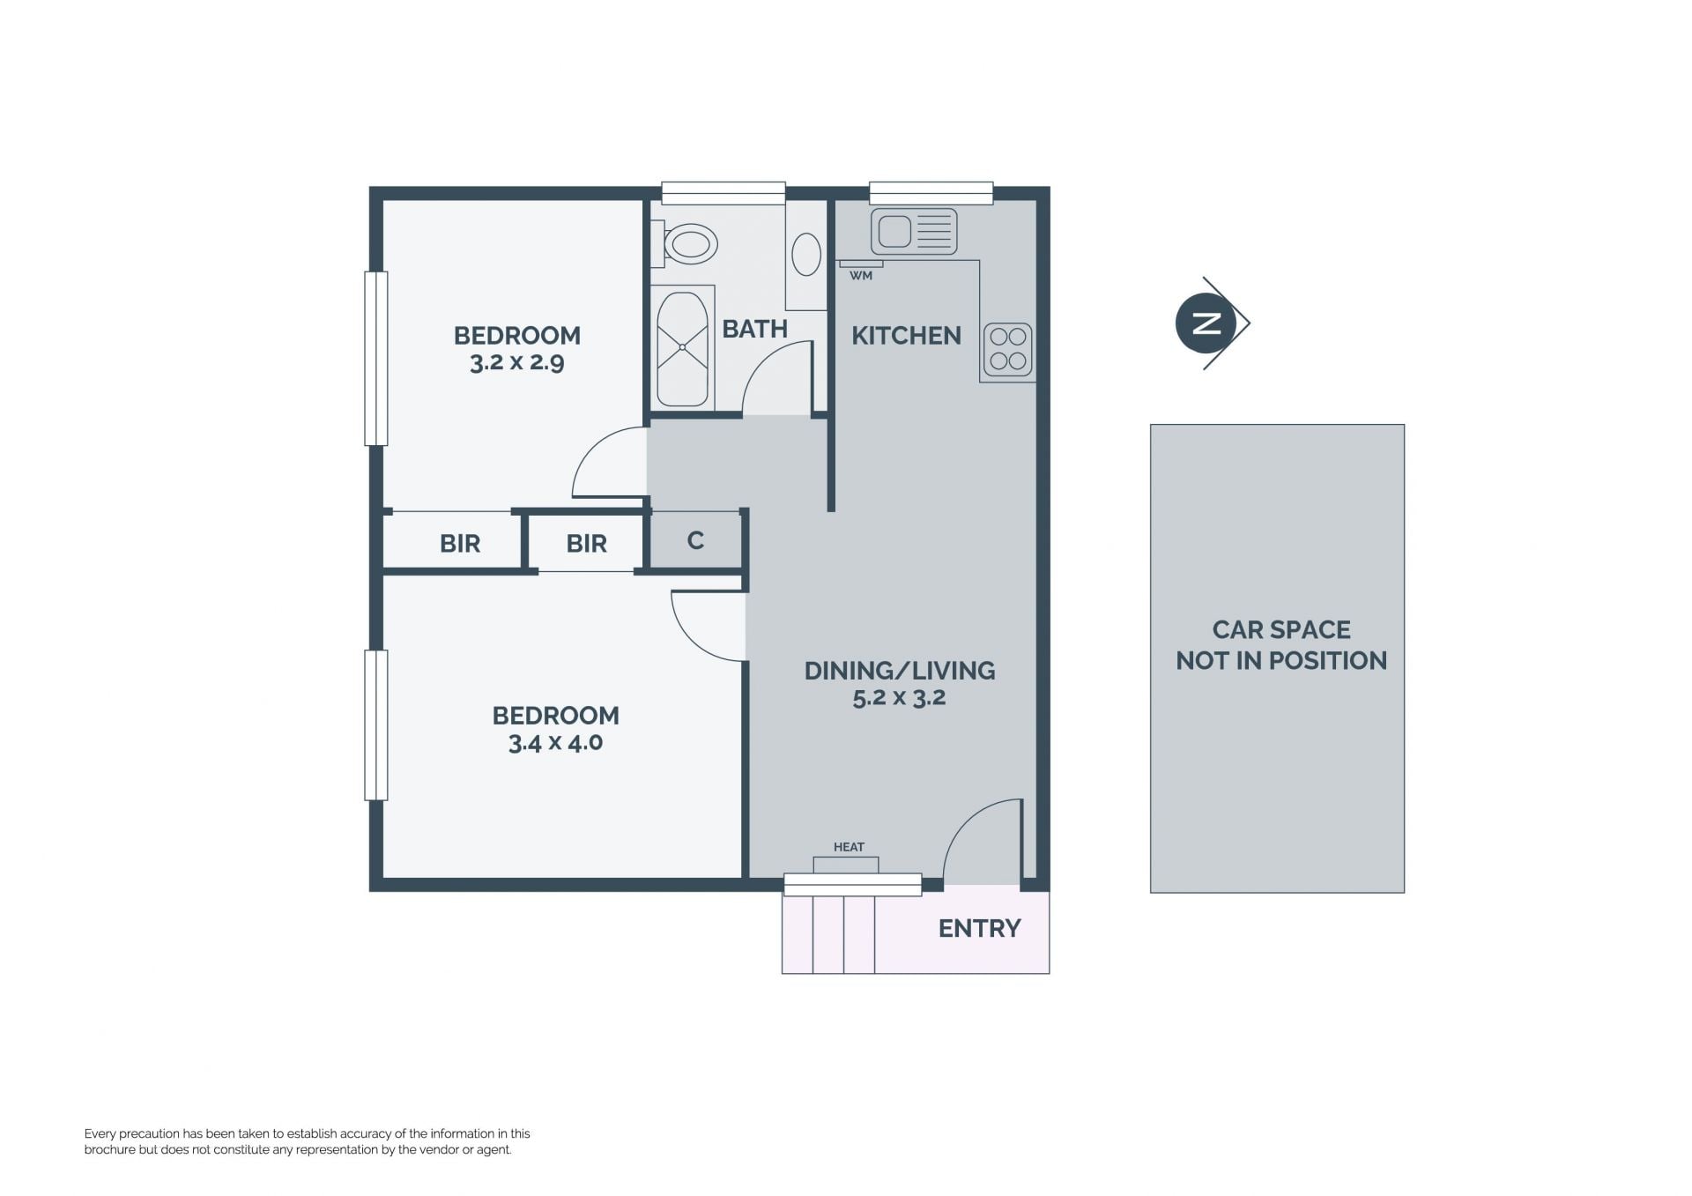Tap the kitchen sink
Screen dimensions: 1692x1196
pyautogui.click(x=914, y=232)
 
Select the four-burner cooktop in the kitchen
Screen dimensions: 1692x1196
pyautogui.click(x=1007, y=349)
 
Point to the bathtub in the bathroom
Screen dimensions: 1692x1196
pyautogui.click(x=682, y=349)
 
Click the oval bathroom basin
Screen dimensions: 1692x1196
pyautogui.click(x=806, y=254)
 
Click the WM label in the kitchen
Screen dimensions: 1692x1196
pyautogui.click(x=861, y=276)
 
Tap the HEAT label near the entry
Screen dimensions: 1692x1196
pyautogui.click(x=849, y=847)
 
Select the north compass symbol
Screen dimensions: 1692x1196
pyautogui.click(x=1213, y=323)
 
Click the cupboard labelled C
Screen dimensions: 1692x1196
pyautogui.click(x=695, y=540)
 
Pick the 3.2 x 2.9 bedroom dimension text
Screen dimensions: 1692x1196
pyautogui.click(x=517, y=362)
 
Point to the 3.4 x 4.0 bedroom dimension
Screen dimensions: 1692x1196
pyautogui.click(x=555, y=742)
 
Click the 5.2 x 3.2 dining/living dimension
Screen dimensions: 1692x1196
pyautogui.click(x=899, y=697)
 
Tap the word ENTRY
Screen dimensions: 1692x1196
pyautogui.click(x=979, y=928)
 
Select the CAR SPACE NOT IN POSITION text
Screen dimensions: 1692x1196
pyautogui.click(x=1281, y=645)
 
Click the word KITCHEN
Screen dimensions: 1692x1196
pyautogui.click(x=906, y=336)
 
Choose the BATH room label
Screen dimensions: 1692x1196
pyautogui.click(x=754, y=329)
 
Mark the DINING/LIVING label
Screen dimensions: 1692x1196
pyautogui.click(x=900, y=671)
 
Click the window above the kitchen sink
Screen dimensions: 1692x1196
pyautogui.click(x=931, y=193)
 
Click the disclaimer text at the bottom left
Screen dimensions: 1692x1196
pyautogui.click(x=308, y=1141)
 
